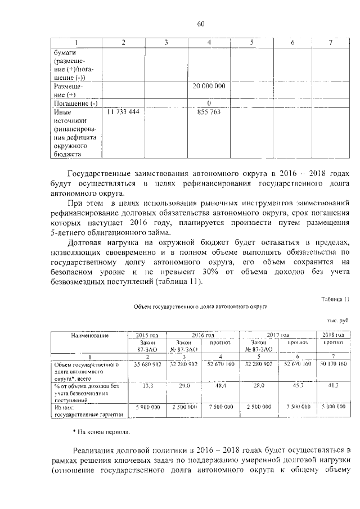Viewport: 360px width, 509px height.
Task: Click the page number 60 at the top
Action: click(x=201, y=23)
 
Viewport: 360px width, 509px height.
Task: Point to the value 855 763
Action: click(x=208, y=112)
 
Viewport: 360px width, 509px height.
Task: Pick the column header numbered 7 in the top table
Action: click(x=330, y=43)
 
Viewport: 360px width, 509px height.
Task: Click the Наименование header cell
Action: click(x=90, y=335)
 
